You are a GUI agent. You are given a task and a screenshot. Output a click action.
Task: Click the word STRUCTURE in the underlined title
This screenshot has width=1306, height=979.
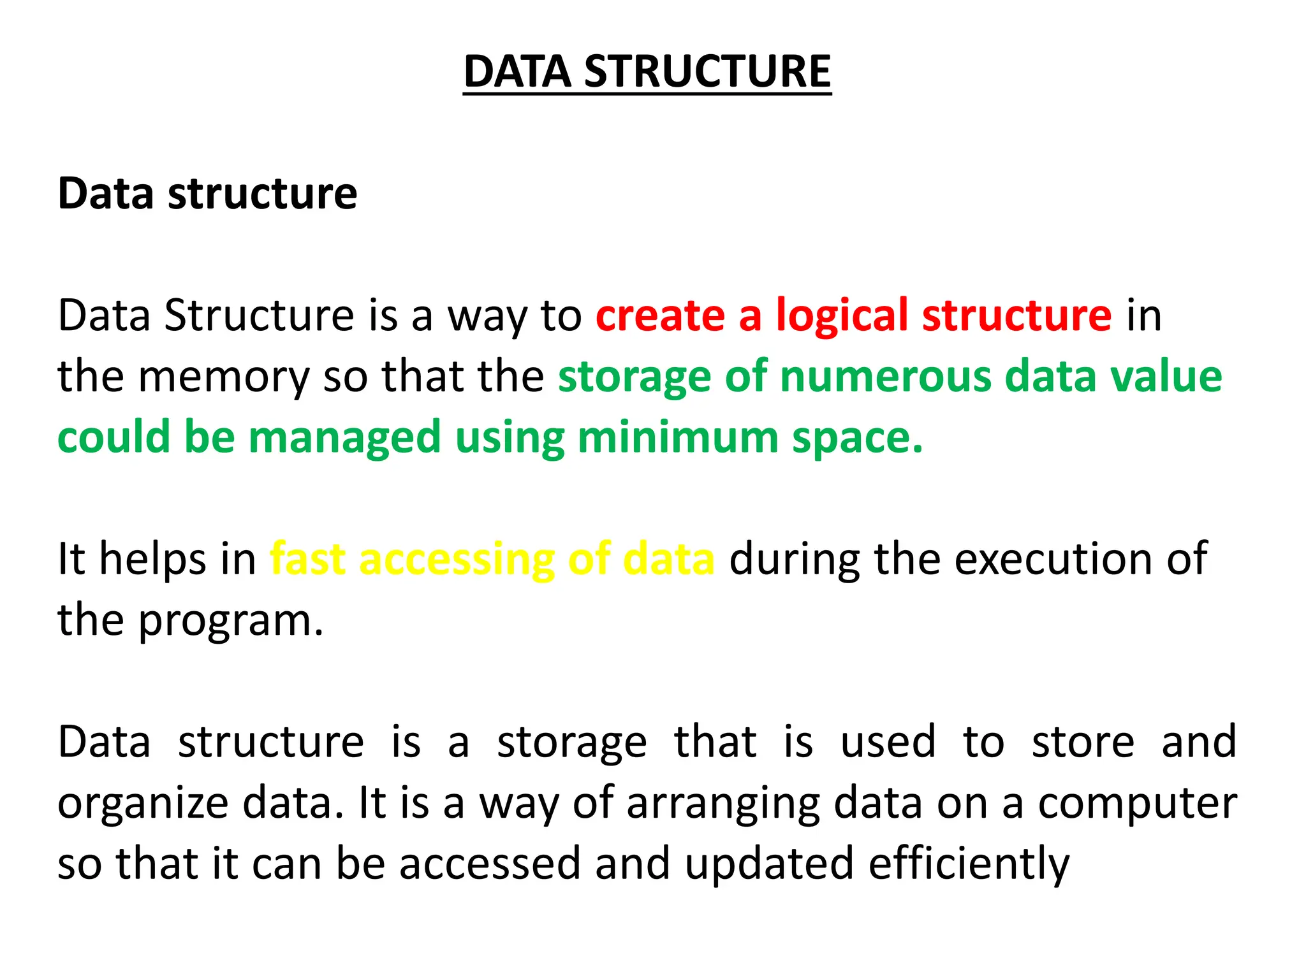pyautogui.click(x=707, y=71)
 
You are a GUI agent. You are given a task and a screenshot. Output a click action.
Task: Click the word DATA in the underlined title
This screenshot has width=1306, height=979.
pyautogui.click(x=517, y=71)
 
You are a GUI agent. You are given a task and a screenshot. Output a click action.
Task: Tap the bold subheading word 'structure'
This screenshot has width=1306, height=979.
pyautogui.click(x=262, y=193)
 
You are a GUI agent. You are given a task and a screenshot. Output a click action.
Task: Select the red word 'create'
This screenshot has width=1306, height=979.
pyautogui.click(x=660, y=315)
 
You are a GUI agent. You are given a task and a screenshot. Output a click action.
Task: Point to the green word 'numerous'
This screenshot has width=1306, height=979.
pyautogui.click(x=886, y=376)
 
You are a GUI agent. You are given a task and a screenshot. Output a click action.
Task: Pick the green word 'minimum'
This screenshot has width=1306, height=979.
pyautogui.click(x=678, y=438)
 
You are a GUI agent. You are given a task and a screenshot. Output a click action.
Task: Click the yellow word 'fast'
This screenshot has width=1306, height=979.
pyautogui.click(x=307, y=558)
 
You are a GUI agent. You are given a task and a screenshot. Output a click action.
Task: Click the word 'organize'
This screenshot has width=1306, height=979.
pyautogui.click(x=143, y=804)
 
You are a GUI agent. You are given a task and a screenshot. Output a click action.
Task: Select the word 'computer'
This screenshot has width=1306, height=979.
pyautogui.click(x=1137, y=804)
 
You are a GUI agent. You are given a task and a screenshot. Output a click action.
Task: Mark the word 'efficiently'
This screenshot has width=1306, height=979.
pyautogui.click(x=969, y=864)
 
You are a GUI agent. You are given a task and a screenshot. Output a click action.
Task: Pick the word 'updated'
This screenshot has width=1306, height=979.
pyautogui.click(x=769, y=864)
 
